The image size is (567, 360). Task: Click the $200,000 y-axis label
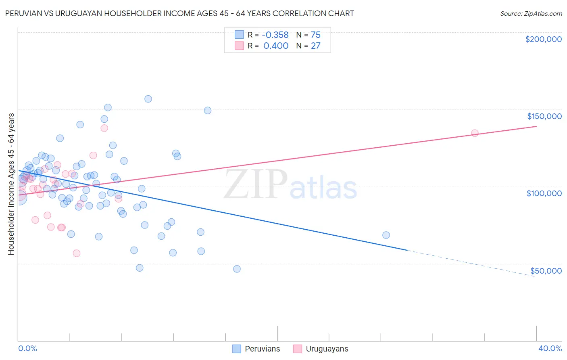coord(543,39)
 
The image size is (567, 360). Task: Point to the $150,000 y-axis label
coord(544,116)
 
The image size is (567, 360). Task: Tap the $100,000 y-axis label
coord(544,193)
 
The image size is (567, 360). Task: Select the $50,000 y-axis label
coord(546,271)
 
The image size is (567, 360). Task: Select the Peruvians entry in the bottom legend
coord(262,349)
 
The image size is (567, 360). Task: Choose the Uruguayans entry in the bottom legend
coord(327,349)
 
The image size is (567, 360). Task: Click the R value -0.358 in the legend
coord(276,35)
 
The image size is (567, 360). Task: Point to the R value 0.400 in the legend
coord(276,46)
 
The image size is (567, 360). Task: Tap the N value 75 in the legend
coord(315,35)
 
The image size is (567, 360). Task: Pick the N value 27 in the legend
coord(315,46)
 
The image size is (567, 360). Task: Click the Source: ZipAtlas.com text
coord(531,14)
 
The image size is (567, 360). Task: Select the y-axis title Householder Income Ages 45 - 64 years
coord(11,184)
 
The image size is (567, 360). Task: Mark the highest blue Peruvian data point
coord(148,99)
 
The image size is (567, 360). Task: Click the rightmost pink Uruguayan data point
coord(475,133)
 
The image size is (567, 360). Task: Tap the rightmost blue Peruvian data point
coord(386,235)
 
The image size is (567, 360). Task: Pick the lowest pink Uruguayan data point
coord(76,253)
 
